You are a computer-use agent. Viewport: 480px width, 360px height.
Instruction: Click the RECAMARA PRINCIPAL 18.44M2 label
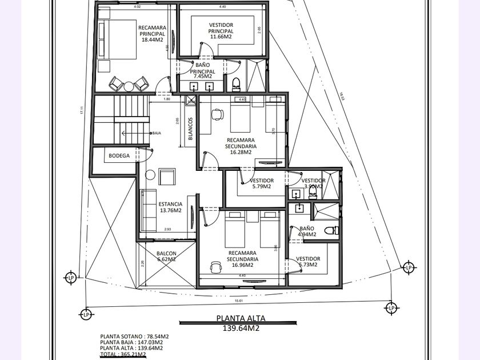click(153, 33)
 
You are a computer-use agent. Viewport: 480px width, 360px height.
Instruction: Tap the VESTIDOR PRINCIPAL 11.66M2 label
click(221, 31)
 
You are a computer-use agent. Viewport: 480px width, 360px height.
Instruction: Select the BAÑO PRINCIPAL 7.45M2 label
click(202, 70)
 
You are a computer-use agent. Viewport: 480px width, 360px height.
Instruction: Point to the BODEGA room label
click(119, 155)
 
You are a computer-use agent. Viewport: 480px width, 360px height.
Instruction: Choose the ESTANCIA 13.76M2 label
click(170, 207)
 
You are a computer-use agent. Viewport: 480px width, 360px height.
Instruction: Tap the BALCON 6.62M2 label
click(166, 257)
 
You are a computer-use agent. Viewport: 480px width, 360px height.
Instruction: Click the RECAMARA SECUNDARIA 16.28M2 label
click(242, 146)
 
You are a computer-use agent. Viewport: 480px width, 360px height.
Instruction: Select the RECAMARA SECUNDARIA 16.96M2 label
click(242, 259)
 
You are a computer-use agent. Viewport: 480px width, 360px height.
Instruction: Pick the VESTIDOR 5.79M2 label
click(262, 183)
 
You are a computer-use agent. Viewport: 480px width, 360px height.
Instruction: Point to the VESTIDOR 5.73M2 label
click(308, 262)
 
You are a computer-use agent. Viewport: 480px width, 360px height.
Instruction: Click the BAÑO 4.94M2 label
click(307, 231)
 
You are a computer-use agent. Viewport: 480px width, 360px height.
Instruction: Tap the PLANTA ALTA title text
click(241, 319)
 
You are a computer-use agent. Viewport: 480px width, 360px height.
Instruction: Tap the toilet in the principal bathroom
click(237, 84)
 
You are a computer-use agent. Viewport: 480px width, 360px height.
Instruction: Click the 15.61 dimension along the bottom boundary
click(239, 301)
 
